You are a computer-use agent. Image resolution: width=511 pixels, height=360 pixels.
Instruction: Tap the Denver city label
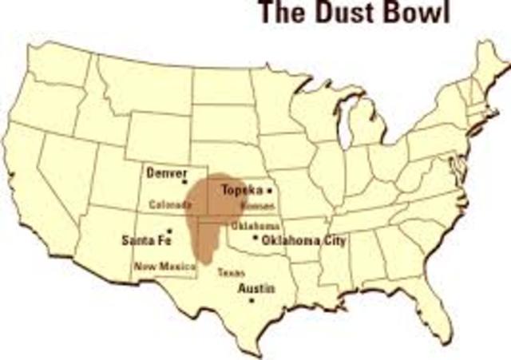click(x=166, y=172)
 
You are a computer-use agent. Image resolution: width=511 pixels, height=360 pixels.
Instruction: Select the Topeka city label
click(x=242, y=192)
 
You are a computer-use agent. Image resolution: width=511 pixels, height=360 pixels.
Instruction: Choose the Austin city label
click(x=257, y=288)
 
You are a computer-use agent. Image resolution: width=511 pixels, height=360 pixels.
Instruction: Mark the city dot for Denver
click(x=186, y=183)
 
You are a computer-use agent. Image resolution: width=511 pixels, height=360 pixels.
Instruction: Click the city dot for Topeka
click(x=269, y=191)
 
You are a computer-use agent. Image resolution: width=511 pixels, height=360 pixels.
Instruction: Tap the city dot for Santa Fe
click(x=169, y=231)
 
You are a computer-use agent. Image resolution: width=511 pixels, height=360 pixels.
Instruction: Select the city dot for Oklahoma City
click(x=255, y=238)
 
